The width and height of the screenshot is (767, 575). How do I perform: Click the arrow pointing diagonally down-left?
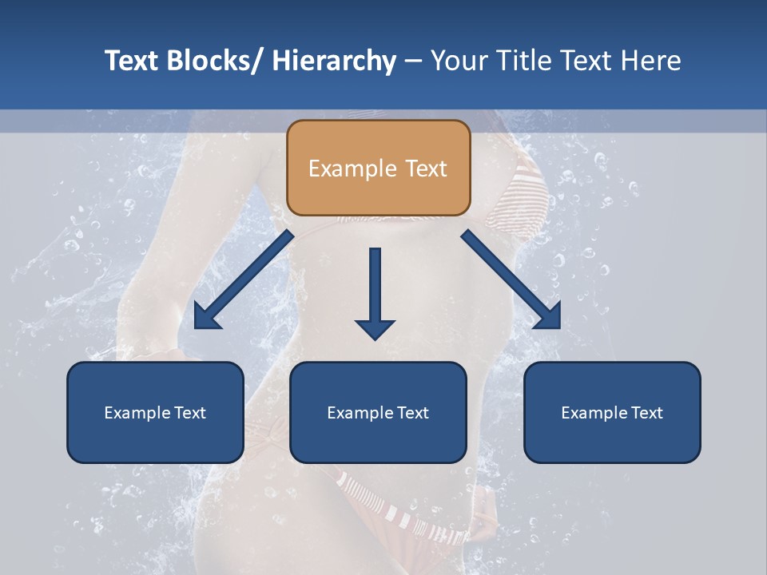[244, 280]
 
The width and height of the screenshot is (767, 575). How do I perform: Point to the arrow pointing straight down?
[375, 287]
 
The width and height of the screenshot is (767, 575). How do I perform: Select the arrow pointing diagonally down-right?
[511, 280]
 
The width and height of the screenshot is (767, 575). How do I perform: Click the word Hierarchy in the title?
[334, 61]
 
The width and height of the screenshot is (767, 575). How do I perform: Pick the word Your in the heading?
[455, 61]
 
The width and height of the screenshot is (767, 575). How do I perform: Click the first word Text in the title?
[133, 61]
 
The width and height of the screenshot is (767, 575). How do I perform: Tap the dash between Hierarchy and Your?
[413, 61]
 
